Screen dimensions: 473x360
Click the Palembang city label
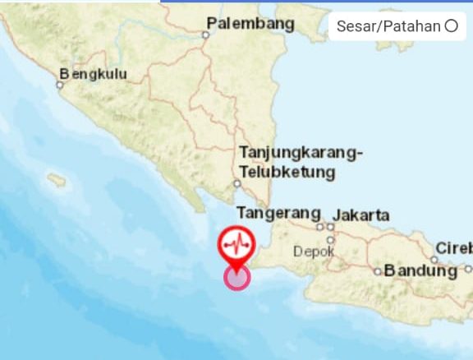[x=250, y=24]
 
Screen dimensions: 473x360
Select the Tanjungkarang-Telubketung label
[x=299, y=162]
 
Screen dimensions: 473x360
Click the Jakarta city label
[x=361, y=215]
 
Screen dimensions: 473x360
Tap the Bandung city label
[x=420, y=270]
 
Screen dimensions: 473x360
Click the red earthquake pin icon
[x=236, y=244]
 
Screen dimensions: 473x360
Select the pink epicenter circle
[x=237, y=278]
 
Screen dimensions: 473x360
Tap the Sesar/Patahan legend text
[x=388, y=26]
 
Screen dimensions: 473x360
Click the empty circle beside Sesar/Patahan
[x=451, y=26]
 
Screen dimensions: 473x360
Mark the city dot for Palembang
[x=205, y=35]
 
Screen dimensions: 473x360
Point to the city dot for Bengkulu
[x=60, y=84]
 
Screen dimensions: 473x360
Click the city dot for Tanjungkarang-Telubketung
[x=236, y=184]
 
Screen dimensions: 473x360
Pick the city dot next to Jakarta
[x=330, y=226]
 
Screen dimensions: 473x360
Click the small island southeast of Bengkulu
[x=56, y=178]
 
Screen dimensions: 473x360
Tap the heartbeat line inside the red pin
[x=236, y=243]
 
